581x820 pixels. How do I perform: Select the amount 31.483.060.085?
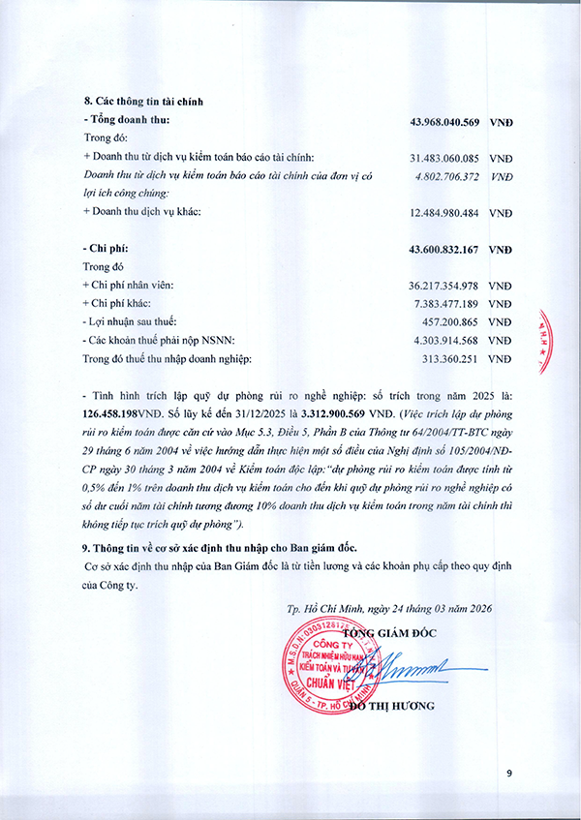[x=445, y=158]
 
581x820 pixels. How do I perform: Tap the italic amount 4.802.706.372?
[x=445, y=176]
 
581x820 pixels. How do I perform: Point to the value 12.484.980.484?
[x=445, y=212]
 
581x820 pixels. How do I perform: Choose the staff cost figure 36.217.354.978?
[x=445, y=286]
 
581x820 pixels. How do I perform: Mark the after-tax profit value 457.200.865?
[x=453, y=322]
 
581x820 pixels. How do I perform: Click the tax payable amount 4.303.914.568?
[x=445, y=341]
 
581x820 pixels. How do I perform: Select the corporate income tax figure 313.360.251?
[x=453, y=359]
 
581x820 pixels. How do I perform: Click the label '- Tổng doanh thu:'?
[x=127, y=120]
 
